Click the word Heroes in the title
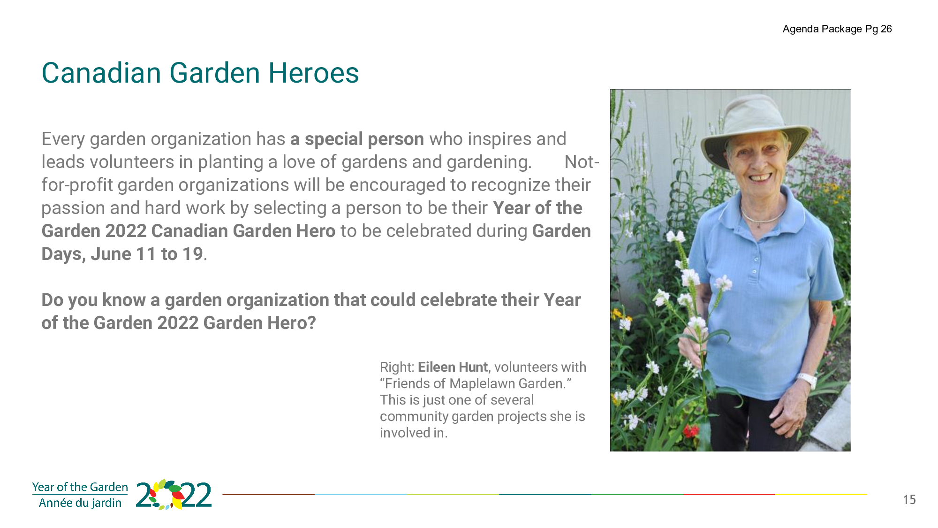click(x=313, y=73)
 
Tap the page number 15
click(x=909, y=500)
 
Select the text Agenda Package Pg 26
click(x=837, y=29)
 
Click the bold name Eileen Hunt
click(x=453, y=367)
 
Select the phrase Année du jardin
click(x=80, y=503)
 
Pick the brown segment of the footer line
click(x=269, y=494)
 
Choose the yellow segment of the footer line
click(x=821, y=494)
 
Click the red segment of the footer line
click(x=729, y=494)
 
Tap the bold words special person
click(x=364, y=139)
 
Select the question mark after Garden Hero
click(x=312, y=323)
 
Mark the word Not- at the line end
click(x=582, y=162)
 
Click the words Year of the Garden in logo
click(x=80, y=487)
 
